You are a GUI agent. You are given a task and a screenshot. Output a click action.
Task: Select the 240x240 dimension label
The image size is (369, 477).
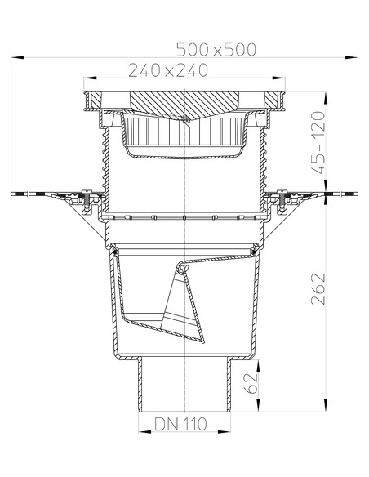167,71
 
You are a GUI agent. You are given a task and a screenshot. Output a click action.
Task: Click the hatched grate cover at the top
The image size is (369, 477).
186,104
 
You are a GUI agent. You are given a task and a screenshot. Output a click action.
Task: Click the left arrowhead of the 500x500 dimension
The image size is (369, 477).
16,57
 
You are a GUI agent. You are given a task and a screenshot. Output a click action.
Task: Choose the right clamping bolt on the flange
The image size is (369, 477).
285,197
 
